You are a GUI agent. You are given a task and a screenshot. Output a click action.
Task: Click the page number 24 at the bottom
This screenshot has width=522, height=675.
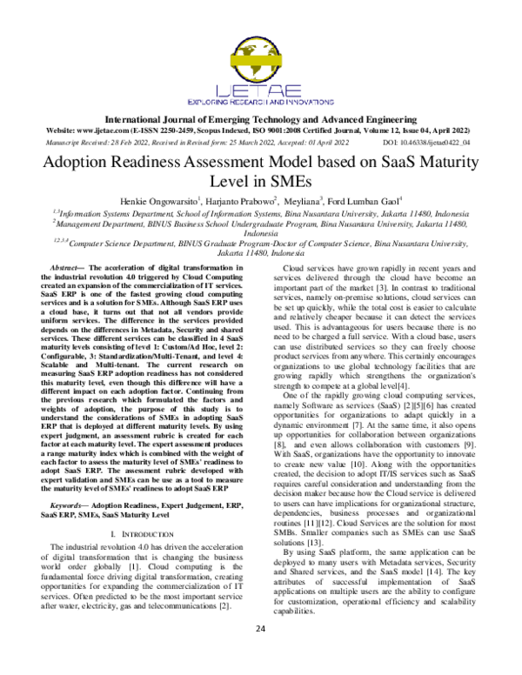point(261,652)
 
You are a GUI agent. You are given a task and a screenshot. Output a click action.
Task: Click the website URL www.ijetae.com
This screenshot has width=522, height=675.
point(121,128)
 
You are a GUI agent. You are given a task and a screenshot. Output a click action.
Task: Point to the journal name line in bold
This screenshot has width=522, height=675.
point(261,117)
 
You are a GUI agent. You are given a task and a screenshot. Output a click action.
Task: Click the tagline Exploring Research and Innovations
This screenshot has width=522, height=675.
point(261,100)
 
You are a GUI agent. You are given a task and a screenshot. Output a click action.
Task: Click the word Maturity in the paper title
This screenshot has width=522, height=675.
point(462,163)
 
